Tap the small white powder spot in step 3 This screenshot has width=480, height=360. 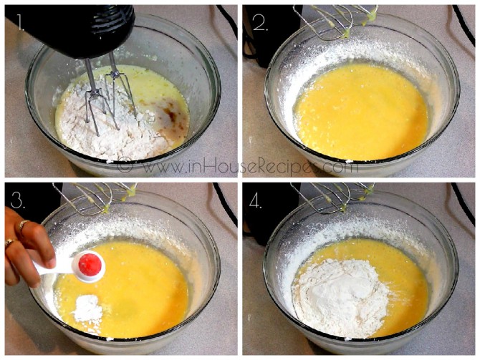[88, 308]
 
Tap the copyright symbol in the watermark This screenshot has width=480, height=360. [125, 167]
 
